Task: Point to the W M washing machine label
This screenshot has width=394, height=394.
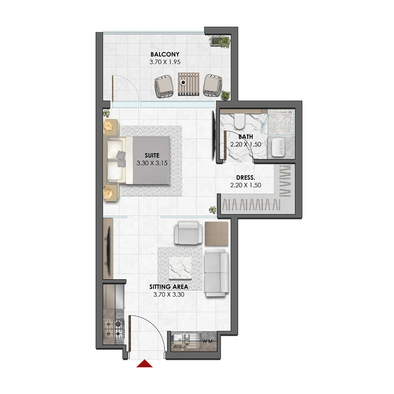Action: tap(207, 340)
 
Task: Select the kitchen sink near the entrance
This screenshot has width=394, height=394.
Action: tap(183, 340)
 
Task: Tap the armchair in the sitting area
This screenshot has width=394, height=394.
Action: tap(189, 233)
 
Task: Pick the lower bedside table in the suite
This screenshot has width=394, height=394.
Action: tap(109, 192)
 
